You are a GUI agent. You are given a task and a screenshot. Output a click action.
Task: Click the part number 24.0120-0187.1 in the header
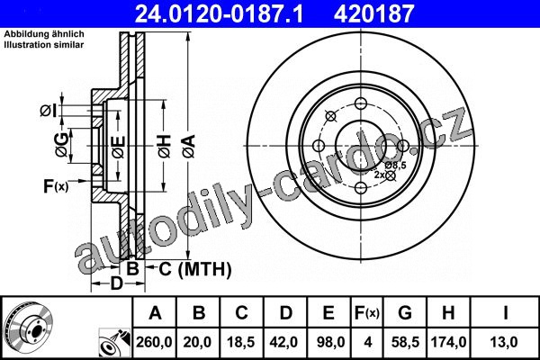click(x=219, y=14)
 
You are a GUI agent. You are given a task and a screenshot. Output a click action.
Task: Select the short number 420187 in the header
click(x=373, y=14)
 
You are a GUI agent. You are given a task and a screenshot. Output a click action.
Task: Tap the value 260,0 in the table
click(x=154, y=342)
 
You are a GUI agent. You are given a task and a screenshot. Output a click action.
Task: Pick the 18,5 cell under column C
click(x=240, y=342)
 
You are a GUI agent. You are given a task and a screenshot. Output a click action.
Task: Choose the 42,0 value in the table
click(x=284, y=342)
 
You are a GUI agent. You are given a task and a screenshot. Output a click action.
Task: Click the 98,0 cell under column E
click(x=328, y=342)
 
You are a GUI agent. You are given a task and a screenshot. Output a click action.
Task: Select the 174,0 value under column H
click(x=448, y=342)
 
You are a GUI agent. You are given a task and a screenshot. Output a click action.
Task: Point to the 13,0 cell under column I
click(x=504, y=342)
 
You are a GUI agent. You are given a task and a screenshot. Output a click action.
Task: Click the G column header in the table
click(x=405, y=313)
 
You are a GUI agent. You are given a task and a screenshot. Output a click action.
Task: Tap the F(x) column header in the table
click(x=367, y=313)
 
